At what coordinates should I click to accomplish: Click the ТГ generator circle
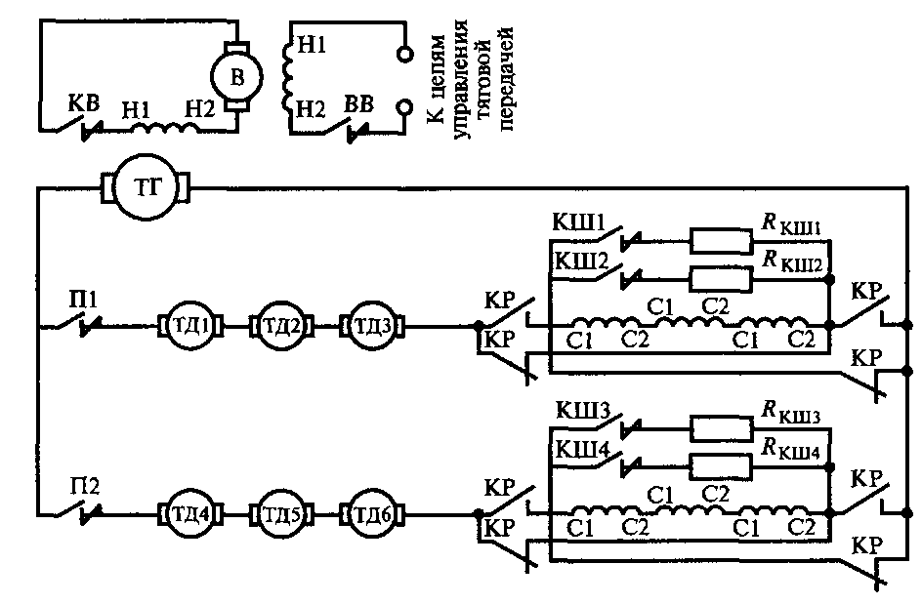point(147,187)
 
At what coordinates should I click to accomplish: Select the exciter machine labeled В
point(236,76)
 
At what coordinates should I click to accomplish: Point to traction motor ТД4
point(189,514)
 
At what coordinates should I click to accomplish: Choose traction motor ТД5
point(281,514)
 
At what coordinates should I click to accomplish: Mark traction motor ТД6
point(371,514)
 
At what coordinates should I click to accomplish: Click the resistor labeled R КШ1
point(721,240)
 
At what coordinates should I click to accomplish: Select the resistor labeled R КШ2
point(721,278)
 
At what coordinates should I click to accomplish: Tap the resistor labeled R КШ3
point(721,428)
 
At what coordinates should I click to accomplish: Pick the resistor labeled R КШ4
point(721,466)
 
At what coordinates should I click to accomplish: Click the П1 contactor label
point(82,300)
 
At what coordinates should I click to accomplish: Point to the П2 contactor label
point(85,486)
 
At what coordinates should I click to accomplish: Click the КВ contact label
point(83,104)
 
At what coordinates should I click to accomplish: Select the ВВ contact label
point(358,104)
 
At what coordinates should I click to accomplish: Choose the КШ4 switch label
point(583,450)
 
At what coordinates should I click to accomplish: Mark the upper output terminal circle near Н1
point(404,54)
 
